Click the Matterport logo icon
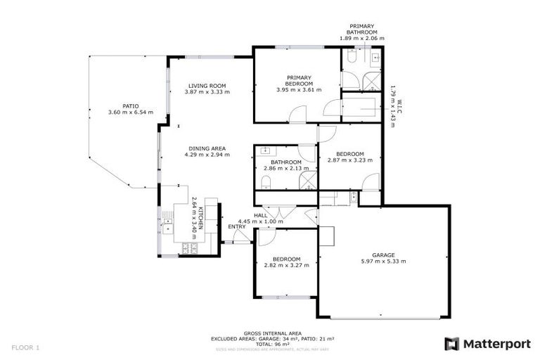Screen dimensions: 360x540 pyautogui.click(x=451, y=344)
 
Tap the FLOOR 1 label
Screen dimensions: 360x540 pyautogui.click(x=26, y=347)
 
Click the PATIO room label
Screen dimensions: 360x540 pyautogui.click(x=130, y=106)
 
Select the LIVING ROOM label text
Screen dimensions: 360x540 pyautogui.click(x=207, y=85)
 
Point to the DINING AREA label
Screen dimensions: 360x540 pyautogui.click(x=207, y=148)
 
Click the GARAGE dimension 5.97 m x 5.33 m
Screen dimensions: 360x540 pyautogui.click(x=383, y=262)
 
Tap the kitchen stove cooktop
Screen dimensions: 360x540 pyautogui.click(x=189, y=247)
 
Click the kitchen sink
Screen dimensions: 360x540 pyautogui.click(x=168, y=227)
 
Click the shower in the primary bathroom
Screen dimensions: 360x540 pyautogui.click(x=370, y=81)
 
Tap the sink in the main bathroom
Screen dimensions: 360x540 pyautogui.click(x=266, y=150)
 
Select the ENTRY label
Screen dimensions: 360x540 pyautogui.click(x=237, y=226)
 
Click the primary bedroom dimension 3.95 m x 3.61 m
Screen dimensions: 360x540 pyautogui.click(x=299, y=90)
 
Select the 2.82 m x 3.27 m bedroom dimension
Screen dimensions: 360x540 pyautogui.click(x=286, y=265)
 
